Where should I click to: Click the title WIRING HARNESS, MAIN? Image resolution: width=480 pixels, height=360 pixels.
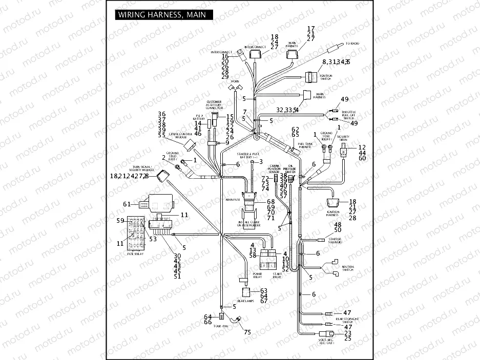click(x=161, y=15)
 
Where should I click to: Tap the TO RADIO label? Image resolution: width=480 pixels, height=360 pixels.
click(x=352, y=44)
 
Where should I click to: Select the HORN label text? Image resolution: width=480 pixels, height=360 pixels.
click(x=236, y=81)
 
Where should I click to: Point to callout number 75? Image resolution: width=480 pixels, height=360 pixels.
click(x=247, y=332)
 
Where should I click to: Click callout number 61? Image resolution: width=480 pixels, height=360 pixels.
click(x=127, y=204)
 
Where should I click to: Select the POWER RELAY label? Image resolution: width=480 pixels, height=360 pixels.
click(x=258, y=275)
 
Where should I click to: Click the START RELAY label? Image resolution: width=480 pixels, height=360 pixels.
click(x=277, y=275)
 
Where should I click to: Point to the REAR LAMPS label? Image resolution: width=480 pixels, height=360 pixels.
click(x=245, y=301)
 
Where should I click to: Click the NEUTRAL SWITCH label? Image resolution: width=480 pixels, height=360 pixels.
click(x=348, y=268)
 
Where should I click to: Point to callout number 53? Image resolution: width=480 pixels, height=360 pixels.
click(x=153, y=238)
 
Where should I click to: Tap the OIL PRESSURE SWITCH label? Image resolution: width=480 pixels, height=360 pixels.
click(x=290, y=169)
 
